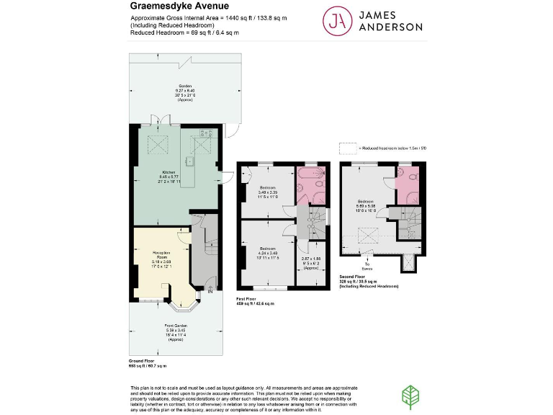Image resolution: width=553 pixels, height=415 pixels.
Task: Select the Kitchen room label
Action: coord(168,176)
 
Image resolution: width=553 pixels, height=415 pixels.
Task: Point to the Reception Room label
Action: coord(161,256)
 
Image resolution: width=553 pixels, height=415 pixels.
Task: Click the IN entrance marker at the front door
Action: coord(210,292)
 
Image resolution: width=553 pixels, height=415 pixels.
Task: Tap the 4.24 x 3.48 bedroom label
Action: coord(268,251)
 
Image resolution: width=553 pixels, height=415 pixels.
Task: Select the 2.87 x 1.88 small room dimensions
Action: coord(310,261)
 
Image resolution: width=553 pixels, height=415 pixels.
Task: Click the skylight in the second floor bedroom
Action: coord(369,236)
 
